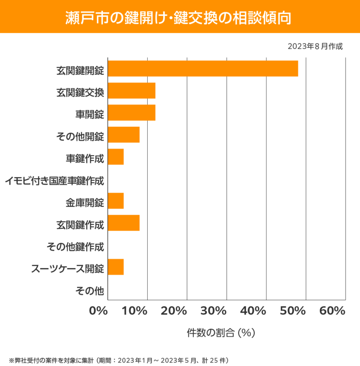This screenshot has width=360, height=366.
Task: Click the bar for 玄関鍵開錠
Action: tap(203, 68)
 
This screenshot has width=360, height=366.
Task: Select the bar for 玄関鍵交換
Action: tap(132, 91)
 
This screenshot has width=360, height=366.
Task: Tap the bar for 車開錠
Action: tap(132, 113)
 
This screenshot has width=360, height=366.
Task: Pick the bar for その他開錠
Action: tap(124, 135)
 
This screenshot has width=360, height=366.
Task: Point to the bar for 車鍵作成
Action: tap(116, 157)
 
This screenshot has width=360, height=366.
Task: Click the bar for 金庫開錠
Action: tap(116, 201)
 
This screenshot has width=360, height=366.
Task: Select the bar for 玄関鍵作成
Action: tap(124, 223)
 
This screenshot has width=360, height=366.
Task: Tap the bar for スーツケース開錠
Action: tap(116, 267)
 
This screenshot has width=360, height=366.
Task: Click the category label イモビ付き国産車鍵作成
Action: tap(54, 181)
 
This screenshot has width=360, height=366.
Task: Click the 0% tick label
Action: tap(99, 311)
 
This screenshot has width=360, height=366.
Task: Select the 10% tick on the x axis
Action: tap(136, 311)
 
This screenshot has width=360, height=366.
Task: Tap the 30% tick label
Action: tap(214, 311)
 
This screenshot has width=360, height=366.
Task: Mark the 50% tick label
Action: tap(293, 311)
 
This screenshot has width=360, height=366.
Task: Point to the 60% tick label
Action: tap(332, 311)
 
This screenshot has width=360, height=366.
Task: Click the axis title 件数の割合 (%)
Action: tap(221, 333)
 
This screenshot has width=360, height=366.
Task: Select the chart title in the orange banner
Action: tap(180, 17)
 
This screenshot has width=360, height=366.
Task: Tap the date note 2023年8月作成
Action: tap(315, 46)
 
